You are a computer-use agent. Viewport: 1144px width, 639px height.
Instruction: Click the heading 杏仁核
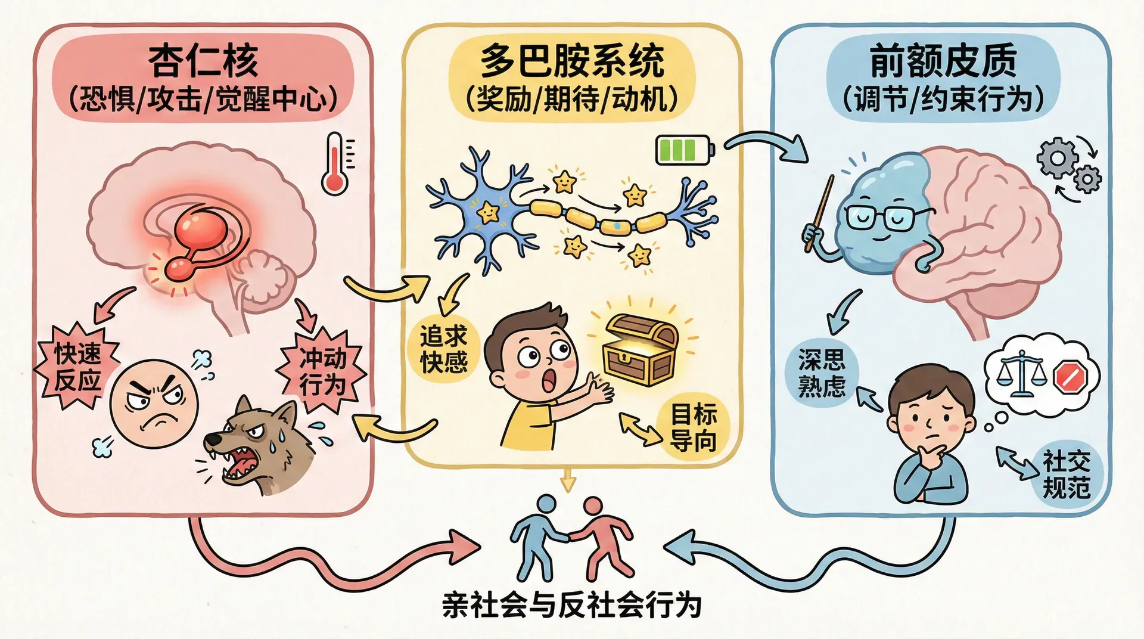point(203,61)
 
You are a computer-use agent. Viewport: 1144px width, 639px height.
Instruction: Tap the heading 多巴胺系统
point(571,61)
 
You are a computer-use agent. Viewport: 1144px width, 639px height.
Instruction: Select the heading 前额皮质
point(943,61)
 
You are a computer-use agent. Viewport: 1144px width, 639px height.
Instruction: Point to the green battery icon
point(684,149)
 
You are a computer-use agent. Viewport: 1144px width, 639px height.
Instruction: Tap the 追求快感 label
point(443,349)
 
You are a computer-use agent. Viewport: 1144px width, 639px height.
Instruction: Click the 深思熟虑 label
point(822,373)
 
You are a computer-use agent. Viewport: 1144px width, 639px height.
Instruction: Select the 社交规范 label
point(1066,474)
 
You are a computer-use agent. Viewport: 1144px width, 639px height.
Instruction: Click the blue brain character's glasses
point(882,217)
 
